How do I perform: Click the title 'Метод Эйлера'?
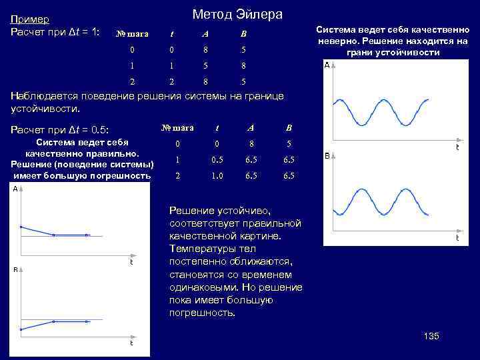237,14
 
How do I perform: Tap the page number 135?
431,336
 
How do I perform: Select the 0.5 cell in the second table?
217,160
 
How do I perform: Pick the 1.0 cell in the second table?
217,176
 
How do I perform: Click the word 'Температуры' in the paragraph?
203,249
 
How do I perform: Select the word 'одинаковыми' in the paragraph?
204,287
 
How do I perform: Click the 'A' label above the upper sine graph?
327,65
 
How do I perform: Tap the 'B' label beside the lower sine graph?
327,156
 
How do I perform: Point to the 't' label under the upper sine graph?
457,147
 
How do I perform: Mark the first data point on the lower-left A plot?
21,227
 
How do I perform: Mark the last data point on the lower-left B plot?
87,321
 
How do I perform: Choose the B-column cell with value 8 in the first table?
243,65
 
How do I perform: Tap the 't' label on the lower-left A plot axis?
131,262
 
